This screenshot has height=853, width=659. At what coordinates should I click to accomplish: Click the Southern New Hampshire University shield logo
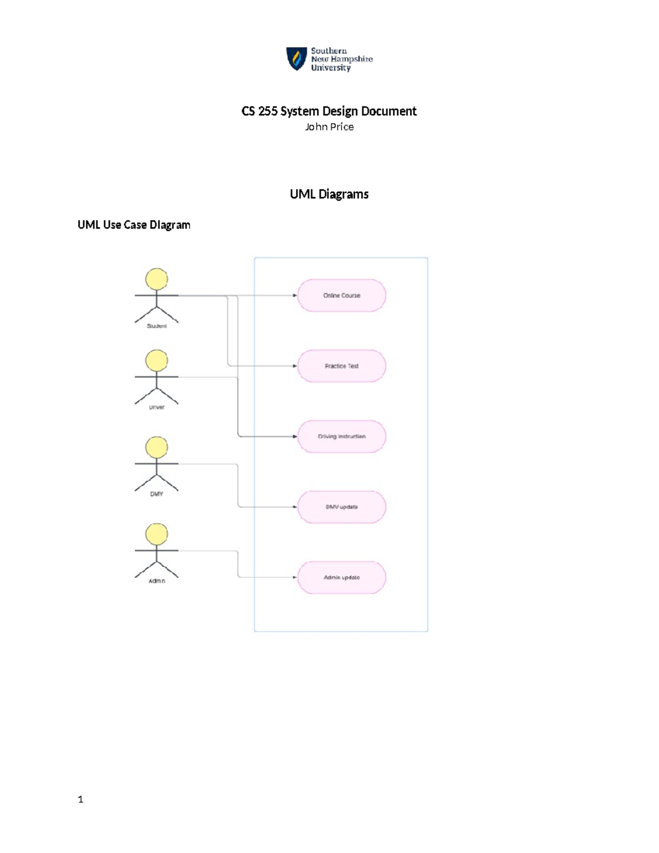pyautogui.click(x=297, y=58)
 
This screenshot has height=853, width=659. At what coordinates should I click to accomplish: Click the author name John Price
pyautogui.click(x=329, y=127)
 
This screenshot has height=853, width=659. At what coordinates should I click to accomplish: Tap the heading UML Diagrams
pyautogui.click(x=329, y=194)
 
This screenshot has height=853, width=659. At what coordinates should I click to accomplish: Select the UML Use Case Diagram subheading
pyautogui.click(x=133, y=225)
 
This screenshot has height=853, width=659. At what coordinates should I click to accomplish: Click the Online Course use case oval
pyautogui.click(x=342, y=296)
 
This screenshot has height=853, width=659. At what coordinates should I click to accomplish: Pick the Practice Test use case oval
pyautogui.click(x=342, y=366)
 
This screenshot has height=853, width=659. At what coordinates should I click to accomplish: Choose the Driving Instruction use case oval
pyautogui.click(x=342, y=437)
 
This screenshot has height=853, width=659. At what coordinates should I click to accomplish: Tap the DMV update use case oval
pyautogui.click(x=342, y=507)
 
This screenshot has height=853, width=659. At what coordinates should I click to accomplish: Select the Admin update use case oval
pyautogui.click(x=342, y=577)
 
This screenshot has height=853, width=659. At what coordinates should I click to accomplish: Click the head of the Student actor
pyautogui.click(x=157, y=279)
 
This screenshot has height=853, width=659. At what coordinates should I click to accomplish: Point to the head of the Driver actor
pyautogui.click(x=157, y=360)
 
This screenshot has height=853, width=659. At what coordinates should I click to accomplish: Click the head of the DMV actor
pyautogui.click(x=157, y=447)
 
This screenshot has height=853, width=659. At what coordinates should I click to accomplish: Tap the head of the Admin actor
pyautogui.click(x=157, y=534)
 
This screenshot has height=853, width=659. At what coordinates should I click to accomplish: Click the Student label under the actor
pyautogui.click(x=157, y=326)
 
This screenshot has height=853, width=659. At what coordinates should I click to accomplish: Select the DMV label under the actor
pyautogui.click(x=157, y=494)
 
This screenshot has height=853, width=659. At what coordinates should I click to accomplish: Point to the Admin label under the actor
pyautogui.click(x=157, y=581)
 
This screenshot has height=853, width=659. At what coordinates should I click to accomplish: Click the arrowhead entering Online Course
pyautogui.click(x=295, y=296)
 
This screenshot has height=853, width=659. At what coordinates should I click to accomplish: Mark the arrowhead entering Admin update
pyautogui.click(x=295, y=577)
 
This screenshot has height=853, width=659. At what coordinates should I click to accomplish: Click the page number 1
pyautogui.click(x=81, y=799)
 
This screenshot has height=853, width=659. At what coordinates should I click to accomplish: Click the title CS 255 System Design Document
pyautogui.click(x=329, y=111)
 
